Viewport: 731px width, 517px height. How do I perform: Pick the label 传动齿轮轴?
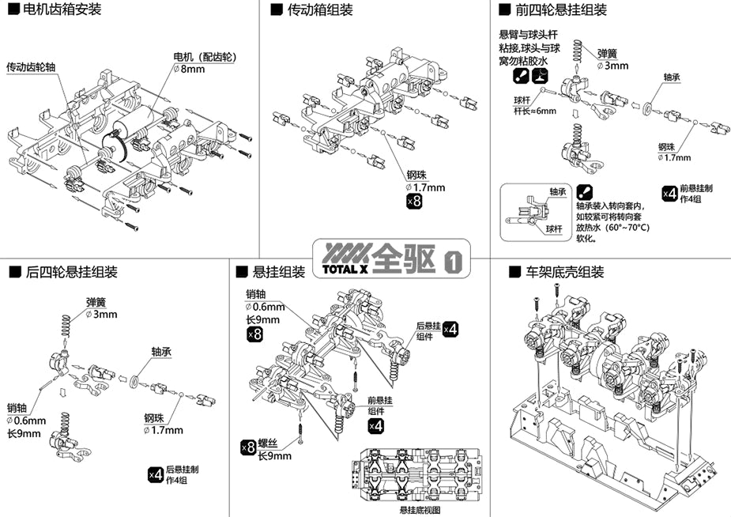coord(31,67)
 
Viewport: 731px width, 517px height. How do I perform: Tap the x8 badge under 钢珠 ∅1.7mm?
coord(413,202)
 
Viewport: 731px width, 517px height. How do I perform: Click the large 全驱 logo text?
coord(405,258)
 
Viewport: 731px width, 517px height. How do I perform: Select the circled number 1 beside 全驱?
coord(453,261)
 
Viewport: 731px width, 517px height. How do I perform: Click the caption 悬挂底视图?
coord(420,510)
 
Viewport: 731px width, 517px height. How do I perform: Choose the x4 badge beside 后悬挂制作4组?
coord(156,474)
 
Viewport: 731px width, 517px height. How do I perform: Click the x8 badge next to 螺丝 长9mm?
coord(248,448)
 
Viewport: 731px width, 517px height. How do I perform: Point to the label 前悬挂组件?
coord(379,406)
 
